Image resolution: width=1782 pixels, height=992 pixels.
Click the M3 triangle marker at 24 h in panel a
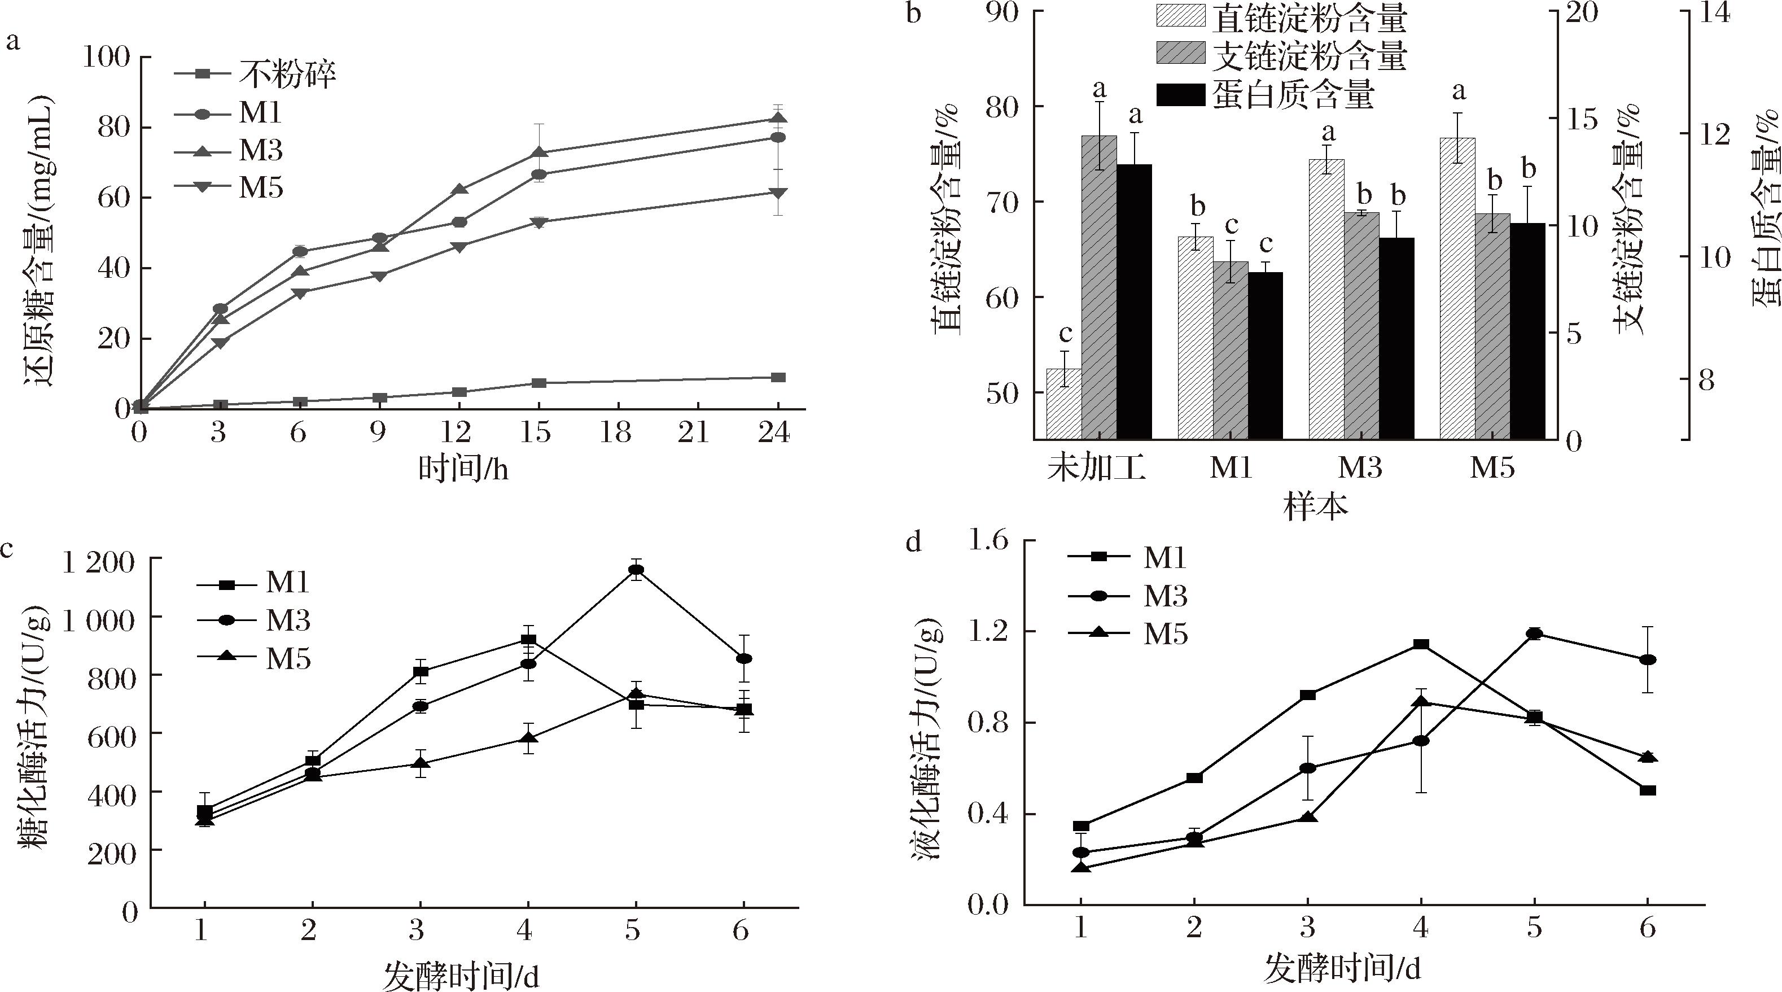[778, 119]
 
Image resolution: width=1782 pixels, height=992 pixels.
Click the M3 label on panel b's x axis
[1360, 468]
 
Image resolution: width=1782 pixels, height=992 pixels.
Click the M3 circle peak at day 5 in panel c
[636, 569]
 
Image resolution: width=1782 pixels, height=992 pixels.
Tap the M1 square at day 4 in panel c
[528, 640]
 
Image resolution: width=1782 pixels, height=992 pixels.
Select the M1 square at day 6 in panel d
[1648, 790]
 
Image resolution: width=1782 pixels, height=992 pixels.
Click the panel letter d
[913, 543]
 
